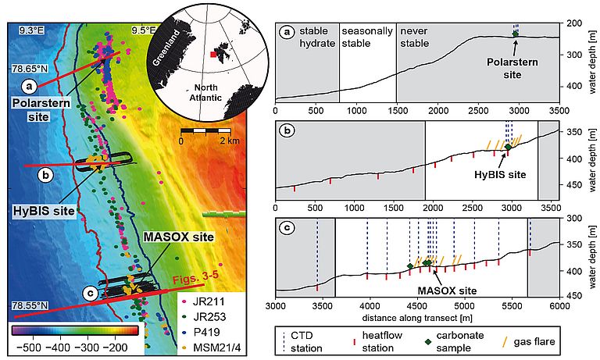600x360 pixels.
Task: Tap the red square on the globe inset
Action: click(x=212, y=55)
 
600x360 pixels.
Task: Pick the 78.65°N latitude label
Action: click(x=36, y=69)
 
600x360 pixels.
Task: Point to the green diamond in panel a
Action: click(x=515, y=34)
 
